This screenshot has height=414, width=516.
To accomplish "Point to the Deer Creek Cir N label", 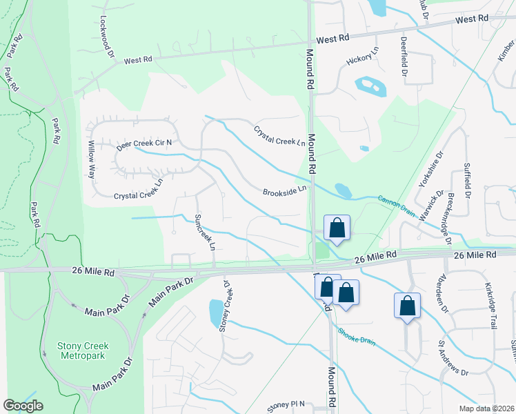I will click(143, 144).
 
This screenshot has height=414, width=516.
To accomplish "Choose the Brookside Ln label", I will click(284, 191).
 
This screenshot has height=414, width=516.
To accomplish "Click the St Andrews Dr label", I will click(453, 358).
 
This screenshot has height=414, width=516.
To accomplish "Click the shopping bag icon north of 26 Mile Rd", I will click(337, 228).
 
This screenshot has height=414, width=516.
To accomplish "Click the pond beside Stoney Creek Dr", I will click(215, 312).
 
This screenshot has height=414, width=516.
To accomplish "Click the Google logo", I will click(23, 406).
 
